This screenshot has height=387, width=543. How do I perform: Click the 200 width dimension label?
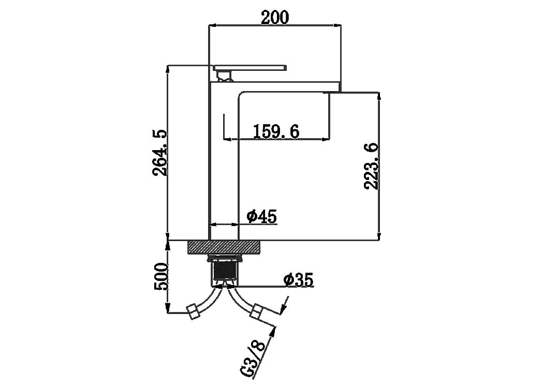coord(275,18)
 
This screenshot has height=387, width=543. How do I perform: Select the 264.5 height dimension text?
coord(160,153)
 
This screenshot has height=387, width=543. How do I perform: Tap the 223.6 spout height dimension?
coord(371,166)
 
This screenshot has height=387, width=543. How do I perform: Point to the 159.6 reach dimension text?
coord(276,131)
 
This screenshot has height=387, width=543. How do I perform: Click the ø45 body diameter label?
coord(262,217)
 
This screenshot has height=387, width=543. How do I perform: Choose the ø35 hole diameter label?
coord(298,280)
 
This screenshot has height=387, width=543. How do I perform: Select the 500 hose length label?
coord(160,277)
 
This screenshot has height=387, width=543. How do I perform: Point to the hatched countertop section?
coord(224,247)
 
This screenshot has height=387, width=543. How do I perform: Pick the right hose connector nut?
coord(257,311)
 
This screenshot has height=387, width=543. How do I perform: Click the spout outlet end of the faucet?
coord(335,93)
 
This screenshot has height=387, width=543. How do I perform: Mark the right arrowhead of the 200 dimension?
coord(337,25)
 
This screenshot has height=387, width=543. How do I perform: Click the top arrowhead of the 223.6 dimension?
coord(379,97)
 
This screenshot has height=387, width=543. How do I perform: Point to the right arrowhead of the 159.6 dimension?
coord(325,140)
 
